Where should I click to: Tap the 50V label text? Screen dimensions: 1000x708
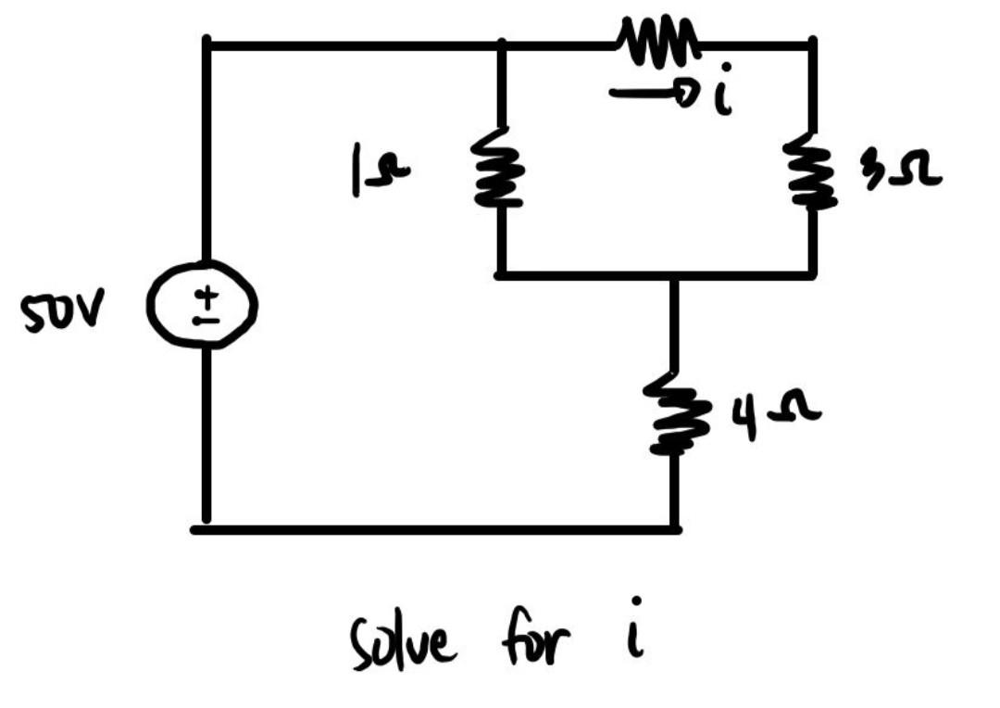pos(61,310)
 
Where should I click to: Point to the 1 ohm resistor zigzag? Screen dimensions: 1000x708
pos(498,167)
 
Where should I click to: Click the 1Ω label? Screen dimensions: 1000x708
pos(380,170)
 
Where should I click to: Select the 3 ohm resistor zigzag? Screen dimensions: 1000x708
pos(810,171)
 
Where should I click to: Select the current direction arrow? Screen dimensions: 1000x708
pos(651,95)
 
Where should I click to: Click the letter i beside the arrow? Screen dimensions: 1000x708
pos(722,91)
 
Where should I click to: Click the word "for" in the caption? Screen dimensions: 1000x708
pos(534,638)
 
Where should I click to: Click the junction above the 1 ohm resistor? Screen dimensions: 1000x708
pos(502,45)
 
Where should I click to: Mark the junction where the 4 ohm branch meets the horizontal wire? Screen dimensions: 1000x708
pos(675,276)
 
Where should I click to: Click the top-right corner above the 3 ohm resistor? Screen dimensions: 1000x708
pos(812,44)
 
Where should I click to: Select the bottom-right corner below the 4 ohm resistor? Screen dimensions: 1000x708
pos(675,529)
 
